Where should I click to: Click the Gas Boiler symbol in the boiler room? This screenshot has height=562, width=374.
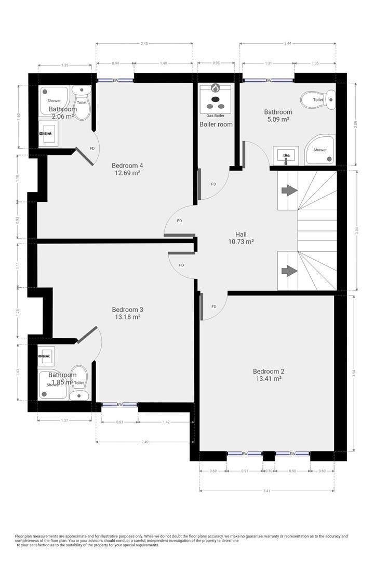click(215, 97)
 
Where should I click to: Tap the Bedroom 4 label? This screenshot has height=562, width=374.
click(127, 166)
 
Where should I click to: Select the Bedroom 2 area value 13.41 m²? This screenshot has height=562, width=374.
click(268, 379)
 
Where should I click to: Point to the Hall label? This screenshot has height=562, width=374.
click(241, 234)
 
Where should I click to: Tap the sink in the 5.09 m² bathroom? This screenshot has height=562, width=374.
click(286, 155)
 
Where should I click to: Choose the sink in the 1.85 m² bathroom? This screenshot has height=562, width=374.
click(47, 356)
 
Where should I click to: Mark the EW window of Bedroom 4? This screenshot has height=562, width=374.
click(115, 81)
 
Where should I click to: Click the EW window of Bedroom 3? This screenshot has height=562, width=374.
click(119, 404)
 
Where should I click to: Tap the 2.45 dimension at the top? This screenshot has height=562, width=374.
click(144, 44)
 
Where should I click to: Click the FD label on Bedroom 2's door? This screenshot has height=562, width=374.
click(213, 306)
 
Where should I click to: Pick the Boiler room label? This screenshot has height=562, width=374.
click(216, 124)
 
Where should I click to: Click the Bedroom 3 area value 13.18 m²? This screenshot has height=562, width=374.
click(127, 316)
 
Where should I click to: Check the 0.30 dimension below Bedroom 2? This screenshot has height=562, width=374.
click(269, 471)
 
